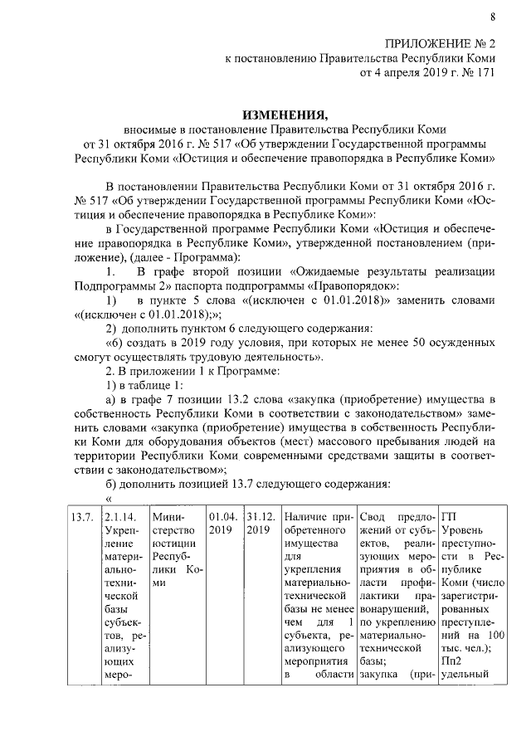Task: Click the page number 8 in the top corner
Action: pos(492,17)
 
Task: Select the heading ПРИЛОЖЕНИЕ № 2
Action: pos(441,44)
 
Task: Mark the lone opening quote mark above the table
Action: pos(108,498)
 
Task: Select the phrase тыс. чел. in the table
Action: pos(463,650)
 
